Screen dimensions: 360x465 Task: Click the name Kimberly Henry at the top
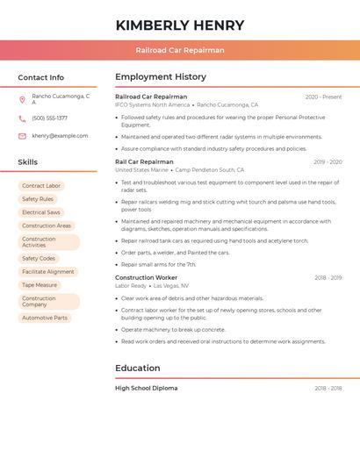click(x=180, y=25)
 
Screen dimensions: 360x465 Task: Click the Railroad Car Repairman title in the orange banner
click(x=180, y=50)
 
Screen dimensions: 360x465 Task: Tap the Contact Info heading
click(x=40, y=77)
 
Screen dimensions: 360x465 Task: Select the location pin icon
click(x=22, y=99)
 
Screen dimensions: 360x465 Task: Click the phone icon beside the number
click(x=22, y=118)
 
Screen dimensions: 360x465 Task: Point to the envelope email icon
click(x=22, y=136)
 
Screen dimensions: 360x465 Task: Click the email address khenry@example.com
click(x=60, y=136)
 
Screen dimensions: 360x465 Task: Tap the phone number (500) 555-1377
click(x=49, y=118)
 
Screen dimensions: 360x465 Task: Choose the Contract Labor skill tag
click(x=41, y=186)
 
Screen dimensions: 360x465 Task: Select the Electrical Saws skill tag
click(x=41, y=212)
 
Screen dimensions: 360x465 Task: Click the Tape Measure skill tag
click(x=40, y=285)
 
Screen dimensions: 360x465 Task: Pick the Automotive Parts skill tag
click(x=45, y=318)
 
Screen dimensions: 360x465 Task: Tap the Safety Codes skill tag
click(x=39, y=259)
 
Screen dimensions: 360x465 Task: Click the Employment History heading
click(x=161, y=77)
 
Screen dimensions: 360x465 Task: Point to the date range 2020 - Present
click(x=323, y=97)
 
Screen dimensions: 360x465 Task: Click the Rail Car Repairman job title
click(x=144, y=161)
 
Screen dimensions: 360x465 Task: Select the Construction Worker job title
click(x=146, y=277)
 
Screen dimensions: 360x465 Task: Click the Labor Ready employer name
click(x=131, y=286)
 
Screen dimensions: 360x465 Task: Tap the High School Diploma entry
click(x=146, y=388)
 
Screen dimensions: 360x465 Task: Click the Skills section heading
click(x=27, y=162)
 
